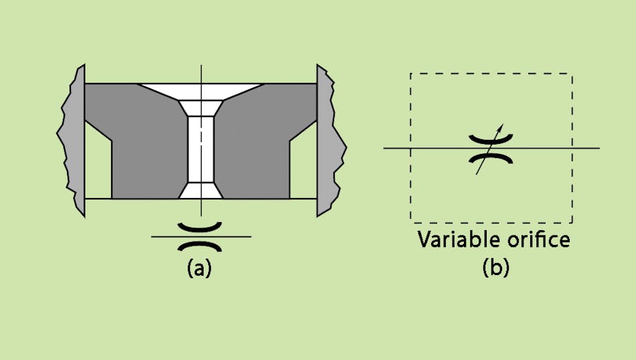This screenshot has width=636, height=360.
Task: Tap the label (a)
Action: (x=200, y=268)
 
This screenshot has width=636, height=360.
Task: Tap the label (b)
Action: (x=495, y=268)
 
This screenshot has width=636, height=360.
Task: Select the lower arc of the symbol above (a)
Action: (x=201, y=245)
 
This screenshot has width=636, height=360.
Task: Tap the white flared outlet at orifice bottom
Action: (x=201, y=191)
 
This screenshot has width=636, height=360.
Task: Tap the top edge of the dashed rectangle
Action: (x=491, y=74)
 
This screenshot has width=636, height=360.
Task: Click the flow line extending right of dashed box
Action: (x=586, y=148)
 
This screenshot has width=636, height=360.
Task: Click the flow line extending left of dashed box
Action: (x=396, y=148)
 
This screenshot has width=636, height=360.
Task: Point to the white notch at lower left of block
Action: (x=98, y=167)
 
